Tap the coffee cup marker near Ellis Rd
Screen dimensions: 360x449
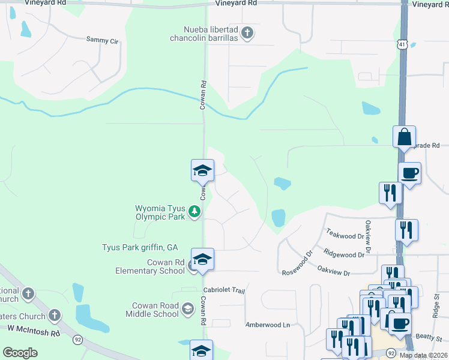tap(409, 174)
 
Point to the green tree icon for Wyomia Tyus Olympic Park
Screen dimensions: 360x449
tap(194, 211)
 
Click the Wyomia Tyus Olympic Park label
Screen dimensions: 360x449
tap(160, 213)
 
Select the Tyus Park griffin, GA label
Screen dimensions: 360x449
tap(140, 247)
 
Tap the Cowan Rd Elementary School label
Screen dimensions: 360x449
tap(149, 266)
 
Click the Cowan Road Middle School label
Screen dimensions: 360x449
tap(152, 310)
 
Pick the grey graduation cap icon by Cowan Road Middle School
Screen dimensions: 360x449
tap(188, 310)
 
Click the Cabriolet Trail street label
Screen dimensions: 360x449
tap(224, 291)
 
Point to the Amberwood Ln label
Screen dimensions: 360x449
tap(267, 325)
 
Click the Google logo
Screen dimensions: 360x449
tap(20, 353)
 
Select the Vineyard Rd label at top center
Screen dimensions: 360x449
tap(236, 4)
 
